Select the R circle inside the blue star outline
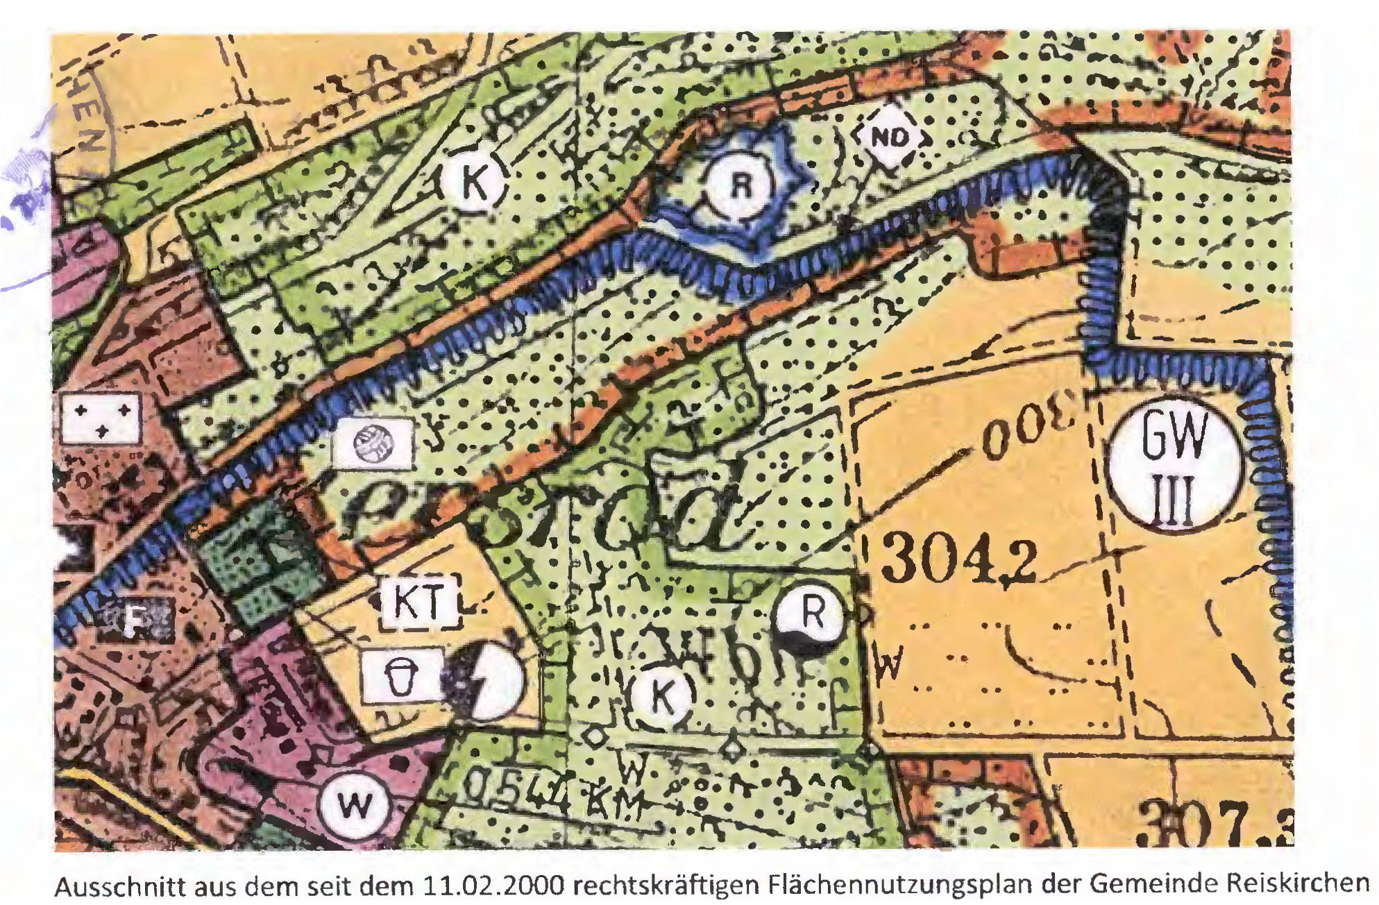point(741,185)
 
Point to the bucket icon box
point(402,675)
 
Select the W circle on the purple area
point(355,805)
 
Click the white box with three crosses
point(101,419)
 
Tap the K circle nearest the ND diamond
point(475,182)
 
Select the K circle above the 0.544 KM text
point(662,695)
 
